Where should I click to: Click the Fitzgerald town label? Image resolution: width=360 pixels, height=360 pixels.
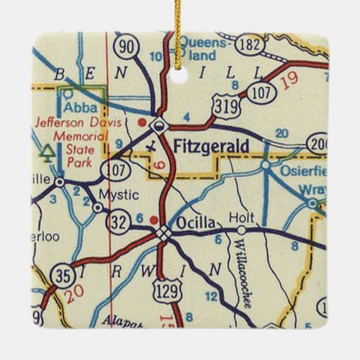pos(211,146)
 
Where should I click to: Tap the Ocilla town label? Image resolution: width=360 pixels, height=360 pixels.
pos(195,222)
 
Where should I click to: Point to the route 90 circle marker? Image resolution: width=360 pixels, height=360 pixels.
pos(128,48)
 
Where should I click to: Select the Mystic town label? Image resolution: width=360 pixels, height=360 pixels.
pos(118,195)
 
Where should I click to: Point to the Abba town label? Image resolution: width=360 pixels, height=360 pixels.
pos(81,107)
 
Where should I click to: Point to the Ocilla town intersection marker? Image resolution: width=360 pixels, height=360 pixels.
pos(163,233)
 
